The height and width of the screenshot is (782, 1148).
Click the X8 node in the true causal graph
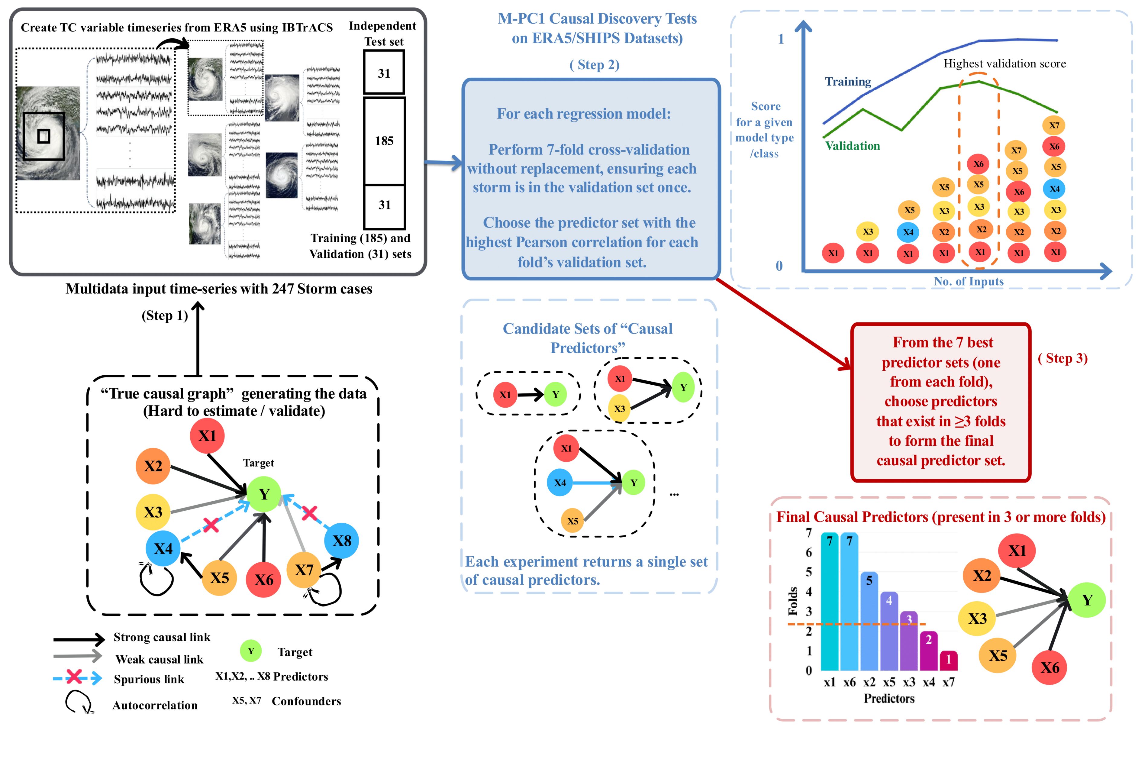341,541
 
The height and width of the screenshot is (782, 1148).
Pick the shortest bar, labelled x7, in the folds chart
948,661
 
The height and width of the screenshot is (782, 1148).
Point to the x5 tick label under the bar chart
889,682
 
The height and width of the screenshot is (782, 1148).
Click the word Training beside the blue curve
848,82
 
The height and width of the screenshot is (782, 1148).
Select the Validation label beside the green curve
853,146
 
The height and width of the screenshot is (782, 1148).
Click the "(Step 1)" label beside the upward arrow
164,316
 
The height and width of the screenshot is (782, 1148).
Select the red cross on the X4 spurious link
211,525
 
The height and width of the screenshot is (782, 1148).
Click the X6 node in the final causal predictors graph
1050,667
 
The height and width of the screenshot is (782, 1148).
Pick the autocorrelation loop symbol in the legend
78,702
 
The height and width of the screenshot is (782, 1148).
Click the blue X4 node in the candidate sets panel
560,483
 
